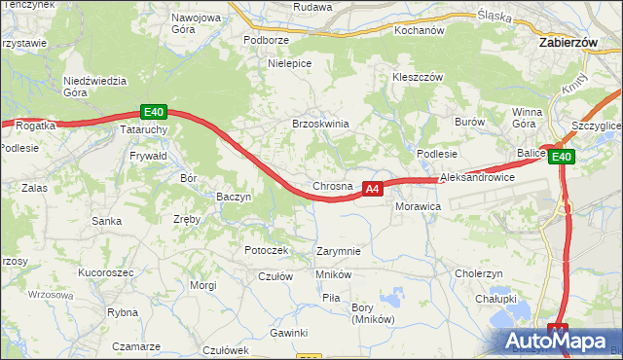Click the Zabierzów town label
(x=574, y=43)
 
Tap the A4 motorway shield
(x=372, y=190)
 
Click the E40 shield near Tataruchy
(x=151, y=112)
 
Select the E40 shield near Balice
(x=561, y=157)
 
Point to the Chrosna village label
(x=332, y=186)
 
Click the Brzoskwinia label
(x=320, y=124)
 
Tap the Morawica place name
(x=419, y=207)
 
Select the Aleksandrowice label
(x=477, y=179)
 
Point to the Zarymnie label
(x=339, y=251)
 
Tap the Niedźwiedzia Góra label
(x=89, y=88)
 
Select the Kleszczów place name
(x=418, y=77)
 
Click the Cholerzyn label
(x=478, y=273)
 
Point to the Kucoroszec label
(x=106, y=273)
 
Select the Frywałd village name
(x=148, y=155)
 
